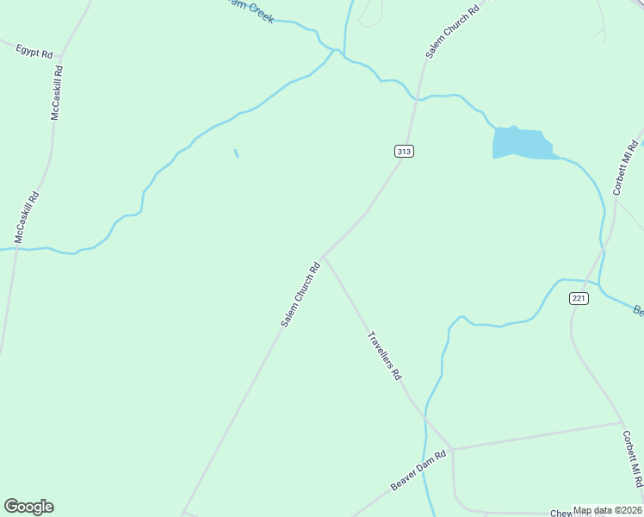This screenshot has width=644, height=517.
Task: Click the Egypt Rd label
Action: (34, 51)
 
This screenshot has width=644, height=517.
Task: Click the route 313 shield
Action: (404, 151)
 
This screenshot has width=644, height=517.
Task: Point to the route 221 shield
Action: (579, 298)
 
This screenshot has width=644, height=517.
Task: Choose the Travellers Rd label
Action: (385, 357)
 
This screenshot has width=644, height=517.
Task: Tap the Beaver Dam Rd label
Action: (418, 470)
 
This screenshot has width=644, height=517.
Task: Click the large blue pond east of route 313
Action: (519, 143)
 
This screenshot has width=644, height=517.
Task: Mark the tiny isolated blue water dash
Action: (236, 153)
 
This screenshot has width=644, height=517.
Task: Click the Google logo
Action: (28, 507)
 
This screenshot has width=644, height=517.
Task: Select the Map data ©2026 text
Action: (608, 510)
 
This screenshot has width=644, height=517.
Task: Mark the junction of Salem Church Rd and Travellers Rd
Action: (323, 256)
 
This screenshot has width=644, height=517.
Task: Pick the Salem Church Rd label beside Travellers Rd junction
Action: (300, 294)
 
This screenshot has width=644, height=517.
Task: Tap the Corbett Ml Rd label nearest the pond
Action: (626, 168)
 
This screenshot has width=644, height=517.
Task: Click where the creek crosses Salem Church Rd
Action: (418, 99)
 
